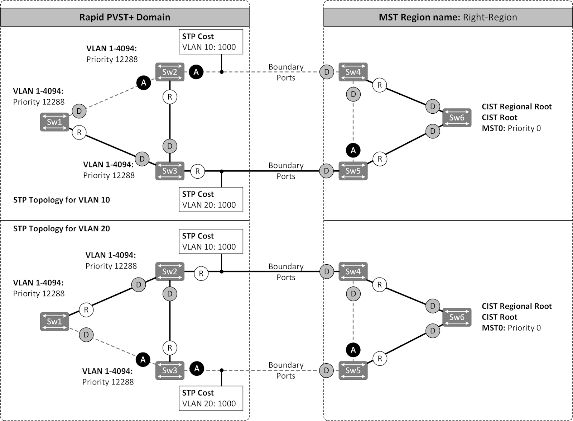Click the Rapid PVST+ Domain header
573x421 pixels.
point(125,17)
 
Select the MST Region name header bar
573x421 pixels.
point(448,17)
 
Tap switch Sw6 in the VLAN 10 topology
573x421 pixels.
point(457,118)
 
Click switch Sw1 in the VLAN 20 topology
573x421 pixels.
point(54,321)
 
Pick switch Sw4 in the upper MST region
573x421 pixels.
point(353,72)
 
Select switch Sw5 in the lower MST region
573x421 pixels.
point(353,370)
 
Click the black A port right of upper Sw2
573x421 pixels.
point(196,72)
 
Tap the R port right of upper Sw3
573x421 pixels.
point(197,171)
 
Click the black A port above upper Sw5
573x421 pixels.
point(353,150)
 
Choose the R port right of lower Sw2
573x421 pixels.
point(201,274)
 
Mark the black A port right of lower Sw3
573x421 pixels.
point(197,368)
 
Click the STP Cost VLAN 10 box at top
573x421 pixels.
point(211,42)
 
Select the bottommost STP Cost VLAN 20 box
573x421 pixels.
point(211,398)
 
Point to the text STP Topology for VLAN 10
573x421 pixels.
point(62,200)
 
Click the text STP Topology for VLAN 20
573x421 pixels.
point(62,228)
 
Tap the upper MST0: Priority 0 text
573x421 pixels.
point(511,128)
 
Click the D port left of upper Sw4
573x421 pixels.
point(326,72)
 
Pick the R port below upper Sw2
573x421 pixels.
point(170,97)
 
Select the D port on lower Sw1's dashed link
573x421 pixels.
point(86,335)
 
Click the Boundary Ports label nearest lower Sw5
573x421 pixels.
point(286,370)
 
